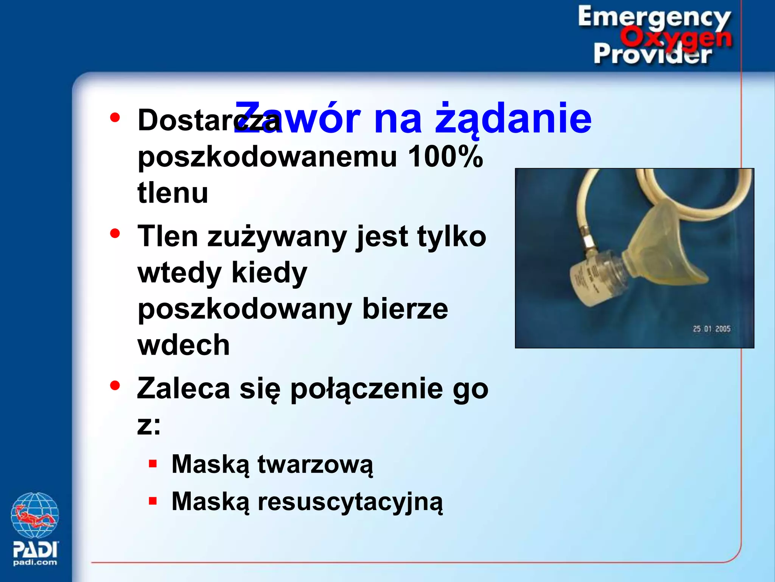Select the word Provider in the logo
pos(652,54)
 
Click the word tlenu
pos(173,192)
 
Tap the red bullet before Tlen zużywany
pos(115,233)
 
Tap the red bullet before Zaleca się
pos(115,385)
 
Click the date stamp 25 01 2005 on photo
pos(711,329)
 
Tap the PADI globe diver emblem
pos(35,515)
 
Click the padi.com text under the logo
pos(35,562)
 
